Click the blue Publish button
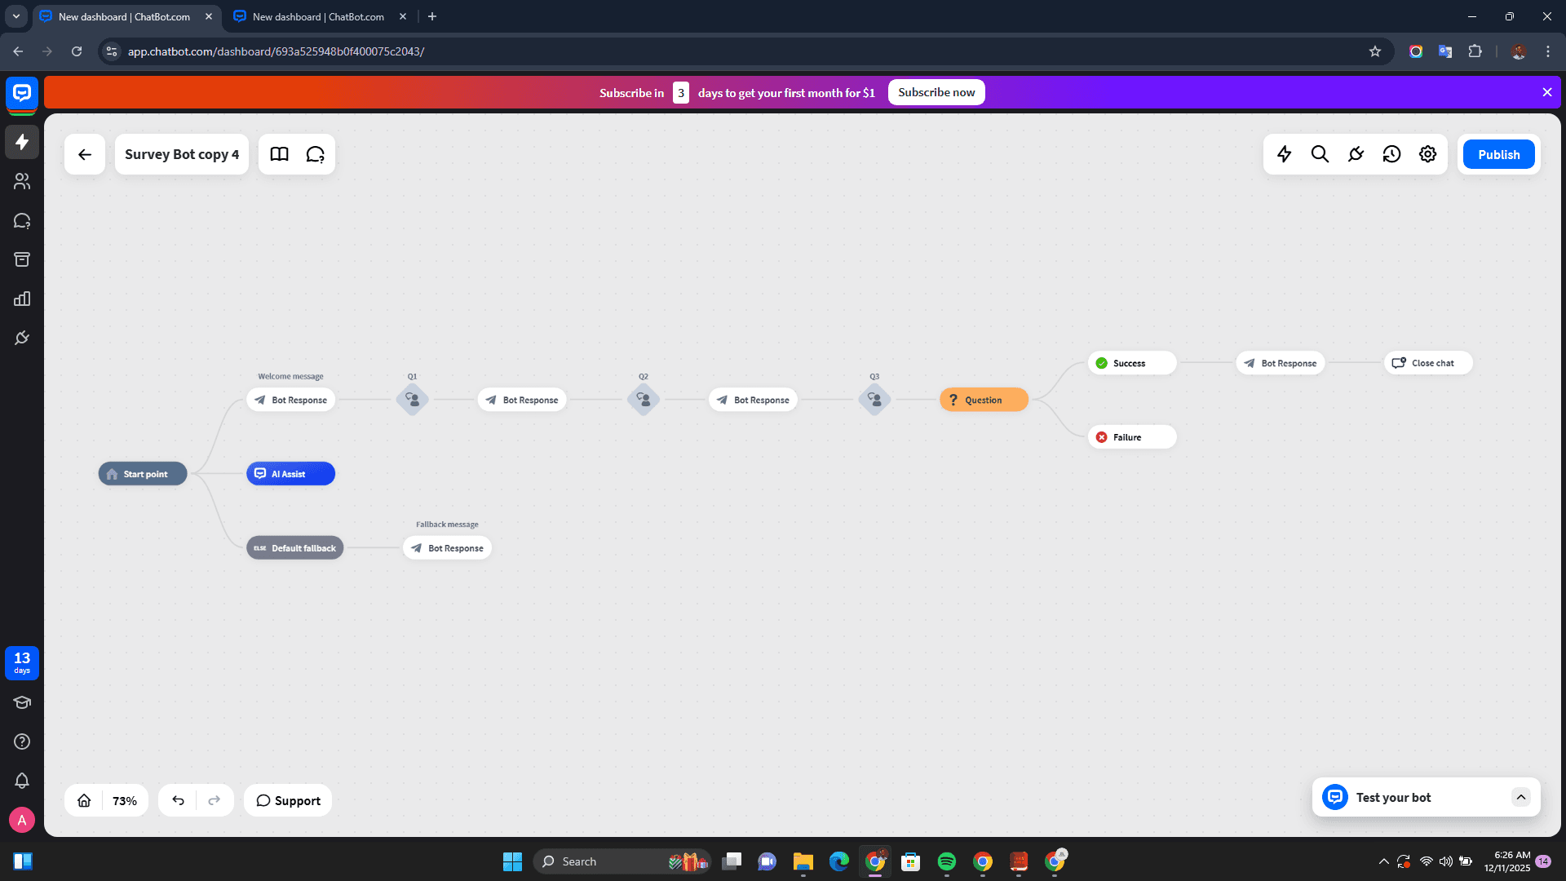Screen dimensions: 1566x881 click(x=1498, y=154)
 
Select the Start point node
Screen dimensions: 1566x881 click(x=143, y=474)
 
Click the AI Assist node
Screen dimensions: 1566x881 click(x=290, y=474)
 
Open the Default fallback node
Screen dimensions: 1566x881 click(x=294, y=548)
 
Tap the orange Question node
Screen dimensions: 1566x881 click(x=984, y=400)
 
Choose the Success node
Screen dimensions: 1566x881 click(x=1131, y=363)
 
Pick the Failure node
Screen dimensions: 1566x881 click(x=1131, y=437)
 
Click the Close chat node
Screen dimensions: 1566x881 click(x=1427, y=363)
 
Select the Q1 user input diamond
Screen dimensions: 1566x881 click(x=413, y=400)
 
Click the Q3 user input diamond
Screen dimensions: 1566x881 click(x=874, y=400)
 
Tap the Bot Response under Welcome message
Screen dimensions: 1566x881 click(x=291, y=400)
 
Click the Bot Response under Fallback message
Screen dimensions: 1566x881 click(x=448, y=548)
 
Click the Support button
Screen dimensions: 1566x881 click(x=288, y=801)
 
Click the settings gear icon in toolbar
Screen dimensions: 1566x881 click(x=1427, y=154)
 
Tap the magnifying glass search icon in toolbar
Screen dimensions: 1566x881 click(x=1320, y=154)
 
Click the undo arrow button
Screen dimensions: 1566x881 click(x=178, y=801)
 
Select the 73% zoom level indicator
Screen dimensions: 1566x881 click(x=125, y=801)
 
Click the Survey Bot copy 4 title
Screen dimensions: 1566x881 click(x=182, y=154)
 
